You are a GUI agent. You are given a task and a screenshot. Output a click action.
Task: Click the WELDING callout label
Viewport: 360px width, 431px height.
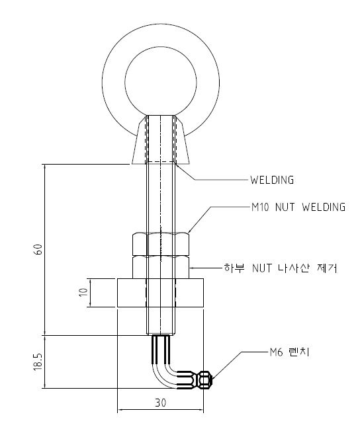click(x=272, y=180)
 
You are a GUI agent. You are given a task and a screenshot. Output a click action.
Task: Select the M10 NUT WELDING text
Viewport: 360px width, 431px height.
click(x=298, y=207)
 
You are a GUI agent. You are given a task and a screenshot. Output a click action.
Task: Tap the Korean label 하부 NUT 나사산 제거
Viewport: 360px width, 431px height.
click(x=281, y=268)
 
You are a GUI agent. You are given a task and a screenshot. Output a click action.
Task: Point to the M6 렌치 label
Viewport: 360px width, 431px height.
click(x=290, y=352)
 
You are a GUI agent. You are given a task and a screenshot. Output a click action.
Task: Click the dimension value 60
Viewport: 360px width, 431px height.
click(x=38, y=249)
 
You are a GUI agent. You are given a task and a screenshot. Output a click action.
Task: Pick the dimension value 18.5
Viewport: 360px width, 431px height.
click(x=38, y=362)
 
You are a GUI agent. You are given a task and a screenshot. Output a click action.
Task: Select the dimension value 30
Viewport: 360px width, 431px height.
click(x=160, y=403)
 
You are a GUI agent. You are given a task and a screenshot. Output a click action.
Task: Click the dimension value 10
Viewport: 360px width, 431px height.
click(x=83, y=292)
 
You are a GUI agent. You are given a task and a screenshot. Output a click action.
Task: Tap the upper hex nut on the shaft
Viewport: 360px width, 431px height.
click(x=161, y=244)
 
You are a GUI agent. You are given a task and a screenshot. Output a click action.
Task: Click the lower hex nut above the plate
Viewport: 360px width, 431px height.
click(x=161, y=267)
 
